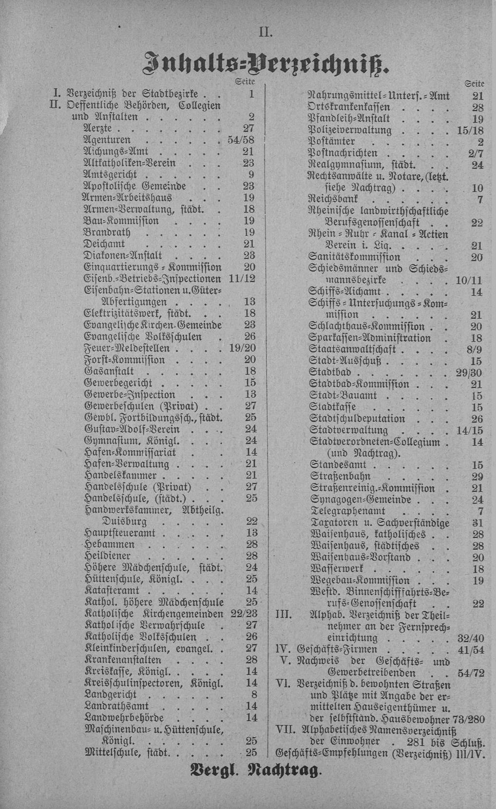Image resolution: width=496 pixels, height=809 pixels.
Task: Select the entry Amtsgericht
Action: pyautogui.click(x=111, y=174)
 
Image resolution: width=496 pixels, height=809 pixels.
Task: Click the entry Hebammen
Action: pyautogui.click(x=106, y=544)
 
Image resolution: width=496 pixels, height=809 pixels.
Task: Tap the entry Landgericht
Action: pyautogui.click(x=111, y=694)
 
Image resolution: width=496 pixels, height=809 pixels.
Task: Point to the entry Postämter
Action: pyautogui.click(x=331, y=142)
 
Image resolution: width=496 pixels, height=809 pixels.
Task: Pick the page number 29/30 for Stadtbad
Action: pyautogui.click(x=470, y=372)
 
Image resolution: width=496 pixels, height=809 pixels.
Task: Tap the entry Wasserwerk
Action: pyautogui.click(x=336, y=569)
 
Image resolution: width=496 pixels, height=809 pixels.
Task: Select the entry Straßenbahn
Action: pyautogui.click(x=340, y=477)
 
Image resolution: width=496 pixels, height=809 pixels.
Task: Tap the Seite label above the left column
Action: pyautogui.click(x=245, y=81)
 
